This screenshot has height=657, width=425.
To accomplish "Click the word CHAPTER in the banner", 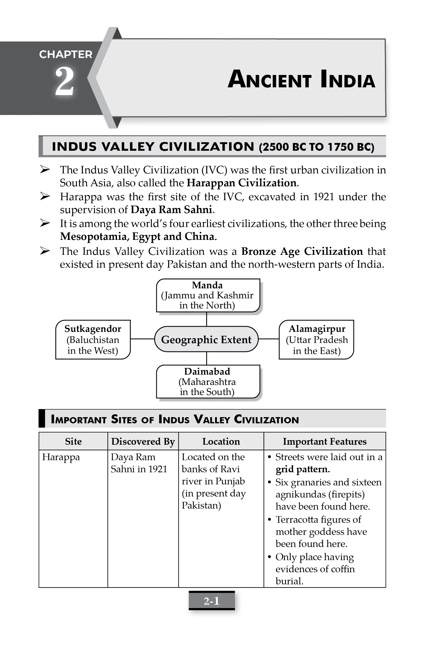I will [x=66, y=54].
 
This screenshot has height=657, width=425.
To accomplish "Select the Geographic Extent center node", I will [x=206, y=339].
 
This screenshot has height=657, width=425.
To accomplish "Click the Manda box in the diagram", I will [x=208, y=295].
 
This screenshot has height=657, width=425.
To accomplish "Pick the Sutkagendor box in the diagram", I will [x=93, y=339].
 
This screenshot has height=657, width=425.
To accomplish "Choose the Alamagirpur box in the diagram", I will [x=316, y=339].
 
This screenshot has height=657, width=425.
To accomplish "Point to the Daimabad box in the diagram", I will [x=208, y=381].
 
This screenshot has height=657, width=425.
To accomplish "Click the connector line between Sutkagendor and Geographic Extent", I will [x=142, y=339].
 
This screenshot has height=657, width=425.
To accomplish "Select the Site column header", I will [x=73, y=441].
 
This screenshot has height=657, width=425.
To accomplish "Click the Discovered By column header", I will [x=143, y=441].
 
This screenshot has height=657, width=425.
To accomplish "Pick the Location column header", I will [x=221, y=441].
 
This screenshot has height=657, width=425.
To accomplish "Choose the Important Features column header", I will [x=324, y=441].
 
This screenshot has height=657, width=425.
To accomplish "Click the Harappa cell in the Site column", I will [x=61, y=457].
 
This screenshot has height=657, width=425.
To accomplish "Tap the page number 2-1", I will [x=212, y=601].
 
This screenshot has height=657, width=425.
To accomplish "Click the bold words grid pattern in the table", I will [x=302, y=469].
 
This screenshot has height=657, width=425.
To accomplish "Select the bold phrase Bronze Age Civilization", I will [x=302, y=251].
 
